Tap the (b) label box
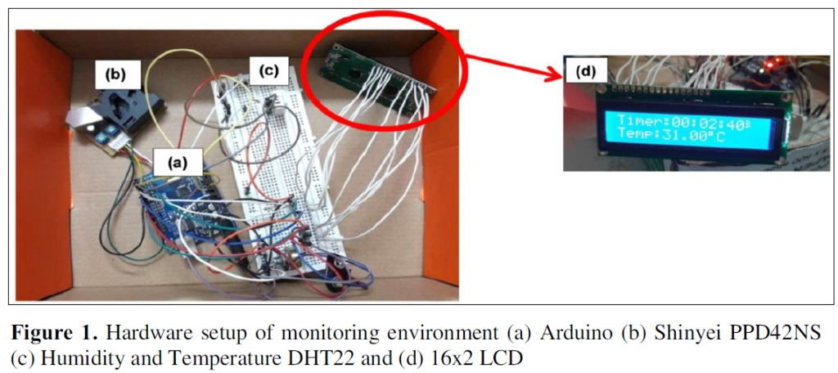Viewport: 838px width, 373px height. (115, 75)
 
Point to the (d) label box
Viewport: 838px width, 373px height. (586, 72)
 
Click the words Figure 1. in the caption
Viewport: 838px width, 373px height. (55, 334)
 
